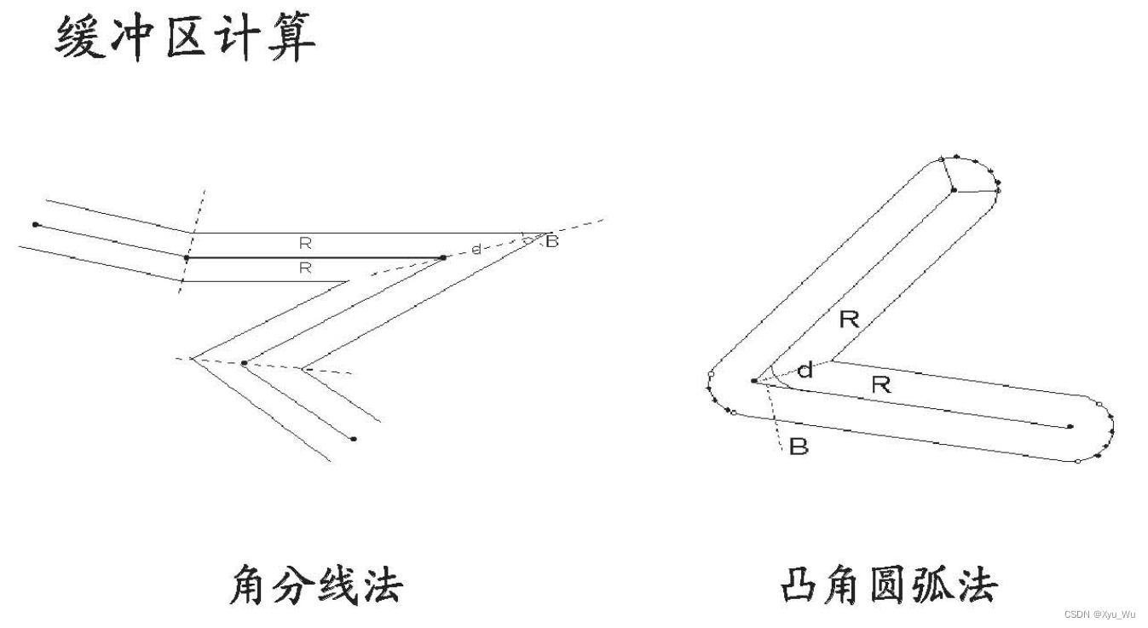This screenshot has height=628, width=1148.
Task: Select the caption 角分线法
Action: click(315, 585)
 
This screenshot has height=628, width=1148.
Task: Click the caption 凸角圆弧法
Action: click(888, 585)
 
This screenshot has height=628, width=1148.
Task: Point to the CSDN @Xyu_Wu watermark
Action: click(1099, 614)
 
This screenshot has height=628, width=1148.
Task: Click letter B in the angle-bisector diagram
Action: click(551, 242)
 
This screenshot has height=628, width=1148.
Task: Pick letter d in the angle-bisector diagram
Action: click(476, 249)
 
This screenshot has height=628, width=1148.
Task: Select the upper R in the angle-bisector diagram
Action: click(305, 244)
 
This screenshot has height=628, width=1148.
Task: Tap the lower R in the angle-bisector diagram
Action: click(305, 268)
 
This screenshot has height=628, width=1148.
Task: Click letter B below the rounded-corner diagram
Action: click(799, 447)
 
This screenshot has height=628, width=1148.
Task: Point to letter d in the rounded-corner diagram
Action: click(804, 371)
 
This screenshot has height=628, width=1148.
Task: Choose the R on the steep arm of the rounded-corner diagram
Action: click(849, 320)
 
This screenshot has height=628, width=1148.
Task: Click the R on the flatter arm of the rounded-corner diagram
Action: click(880, 385)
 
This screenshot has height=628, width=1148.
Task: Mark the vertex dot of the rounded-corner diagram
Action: click(754, 381)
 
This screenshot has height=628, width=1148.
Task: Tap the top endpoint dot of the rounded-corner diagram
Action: click(954, 190)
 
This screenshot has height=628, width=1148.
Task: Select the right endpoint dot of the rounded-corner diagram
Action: click(1070, 426)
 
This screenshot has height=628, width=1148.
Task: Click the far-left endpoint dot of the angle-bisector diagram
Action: click(35, 224)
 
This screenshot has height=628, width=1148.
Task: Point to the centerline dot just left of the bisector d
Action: click(442, 256)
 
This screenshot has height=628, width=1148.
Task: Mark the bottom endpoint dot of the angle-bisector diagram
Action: click(353, 439)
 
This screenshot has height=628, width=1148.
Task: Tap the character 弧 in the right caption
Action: click(931, 585)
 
